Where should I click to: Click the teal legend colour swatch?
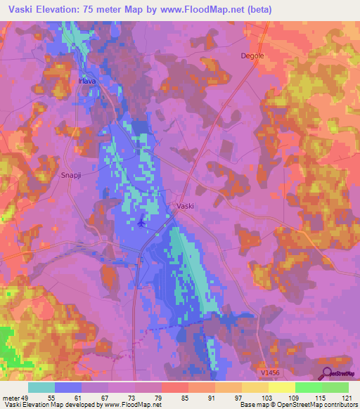point(41,387)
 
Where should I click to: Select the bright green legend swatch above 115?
point(309,387)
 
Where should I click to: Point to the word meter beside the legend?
point(12,398)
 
